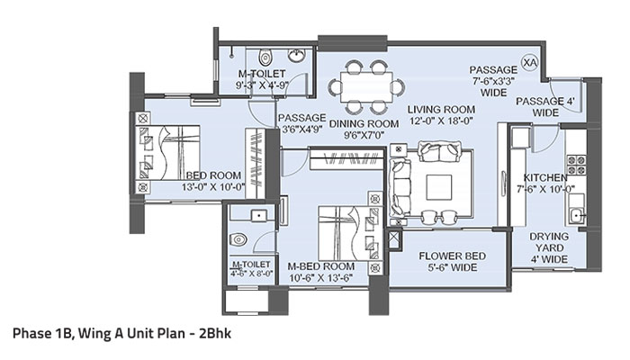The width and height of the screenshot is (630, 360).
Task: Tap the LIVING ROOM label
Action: (441, 110)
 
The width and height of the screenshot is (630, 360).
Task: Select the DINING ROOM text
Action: (364, 123)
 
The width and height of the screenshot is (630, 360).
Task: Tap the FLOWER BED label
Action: (453, 256)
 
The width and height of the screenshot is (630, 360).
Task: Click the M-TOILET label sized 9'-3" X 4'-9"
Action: (262, 73)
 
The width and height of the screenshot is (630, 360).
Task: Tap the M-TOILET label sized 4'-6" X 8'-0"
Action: (252, 265)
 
